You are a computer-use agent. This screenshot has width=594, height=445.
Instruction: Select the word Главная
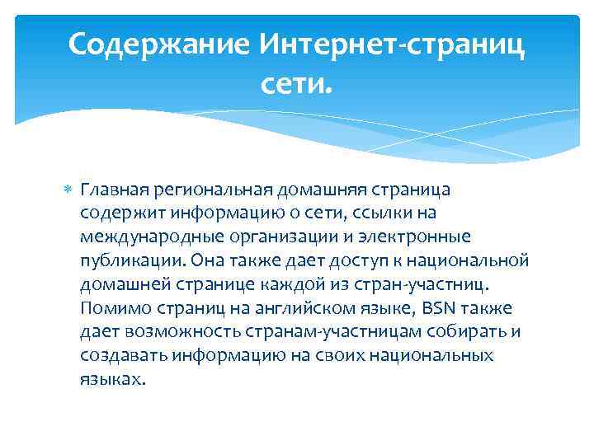[112, 190]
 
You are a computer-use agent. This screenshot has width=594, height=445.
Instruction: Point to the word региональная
[198, 190]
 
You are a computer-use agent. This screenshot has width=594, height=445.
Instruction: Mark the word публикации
[130, 261]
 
